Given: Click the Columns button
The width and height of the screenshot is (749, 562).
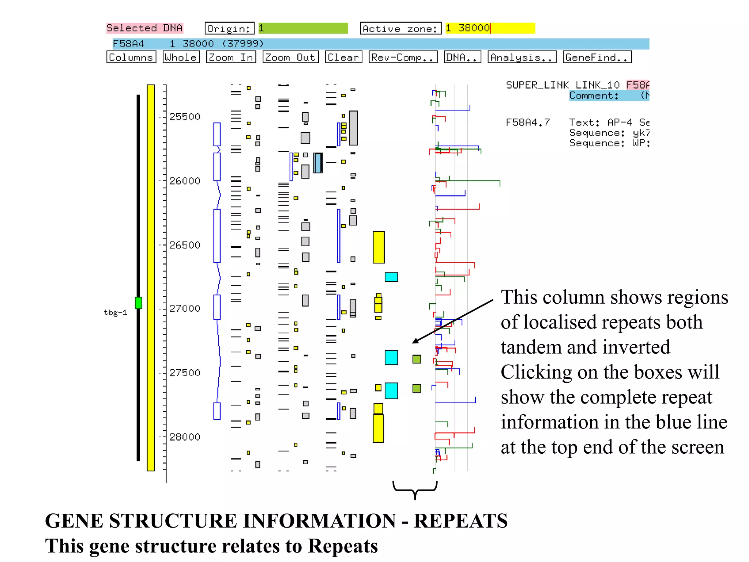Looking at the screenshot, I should pyautogui.click(x=131, y=57).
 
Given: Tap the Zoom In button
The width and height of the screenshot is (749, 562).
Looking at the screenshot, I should pyautogui.click(x=231, y=57).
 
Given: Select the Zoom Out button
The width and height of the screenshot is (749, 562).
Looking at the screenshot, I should pyautogui.click(x=290, y=57).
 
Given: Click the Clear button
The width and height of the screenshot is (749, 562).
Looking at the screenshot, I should pyautogui.click(x=343, y=57).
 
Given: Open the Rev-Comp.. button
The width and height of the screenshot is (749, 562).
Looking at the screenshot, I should pyautogui.click(x=403, y=57).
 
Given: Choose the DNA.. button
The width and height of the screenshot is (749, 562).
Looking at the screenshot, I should pyautogui.click(x=462, y=57).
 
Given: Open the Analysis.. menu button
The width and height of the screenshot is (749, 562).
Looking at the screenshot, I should pyautogui.click(x=522, y=57).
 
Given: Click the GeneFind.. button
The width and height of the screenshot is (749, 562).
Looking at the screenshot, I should pyautogui.click(x=597, y=57).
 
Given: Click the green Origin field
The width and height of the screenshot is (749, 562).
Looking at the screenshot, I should pyautogui.click(x=303, y=28).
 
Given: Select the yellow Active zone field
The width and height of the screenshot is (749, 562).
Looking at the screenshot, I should pyautogui.click(x=490, y=28).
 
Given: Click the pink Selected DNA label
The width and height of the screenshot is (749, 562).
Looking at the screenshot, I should pyautogui.click(x=144, y=28).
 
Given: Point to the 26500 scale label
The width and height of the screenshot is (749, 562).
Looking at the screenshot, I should pyautogui.click(x=185, y=245).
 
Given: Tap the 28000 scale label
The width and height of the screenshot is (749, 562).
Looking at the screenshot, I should pyautogui.click(x=185, y=437).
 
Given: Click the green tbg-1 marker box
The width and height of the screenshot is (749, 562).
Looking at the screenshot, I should pyautogui.click(x=138, y=303).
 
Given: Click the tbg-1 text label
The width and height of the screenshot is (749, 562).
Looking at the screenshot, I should pyautogui.click(x=115, y=312).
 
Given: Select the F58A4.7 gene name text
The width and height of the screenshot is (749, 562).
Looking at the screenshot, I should pyautogui.click(x=527, y=122).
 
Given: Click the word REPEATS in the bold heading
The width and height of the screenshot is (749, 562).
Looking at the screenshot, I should pyautogui.click(x=460, y=521).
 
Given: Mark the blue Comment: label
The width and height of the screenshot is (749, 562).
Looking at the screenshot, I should pyautogui.click(x=594, y=95).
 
